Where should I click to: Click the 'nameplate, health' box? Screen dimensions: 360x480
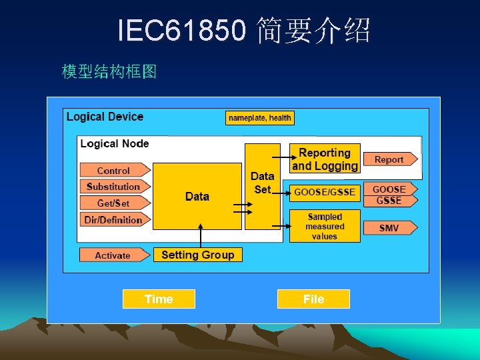click(x=260, y=118)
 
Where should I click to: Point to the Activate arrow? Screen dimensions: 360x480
click(x=113, y=255)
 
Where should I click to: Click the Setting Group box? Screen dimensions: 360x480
click(x=197, y=255)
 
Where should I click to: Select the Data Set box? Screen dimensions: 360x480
click(x=263, y=186)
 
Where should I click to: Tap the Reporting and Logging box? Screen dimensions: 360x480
click(x=325, y=159)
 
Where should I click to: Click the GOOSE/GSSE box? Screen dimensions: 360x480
click(x=325, y=192)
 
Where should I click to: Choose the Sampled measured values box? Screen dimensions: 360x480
click(x=325, y=226)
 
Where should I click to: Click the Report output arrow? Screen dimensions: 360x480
click(x=389, y=159)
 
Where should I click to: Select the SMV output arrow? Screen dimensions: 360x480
click(x=389, y=228)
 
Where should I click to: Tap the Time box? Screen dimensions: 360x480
click(x=159, y=299)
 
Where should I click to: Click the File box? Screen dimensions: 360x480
click(x=313, y=299)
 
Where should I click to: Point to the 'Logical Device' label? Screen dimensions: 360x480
click(x=105, y=117)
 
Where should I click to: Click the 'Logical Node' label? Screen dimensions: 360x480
click(x=115, y=143)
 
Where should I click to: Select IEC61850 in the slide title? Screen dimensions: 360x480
click(x=181, y=30)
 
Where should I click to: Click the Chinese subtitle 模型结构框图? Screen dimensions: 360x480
click(x=109, y=71)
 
